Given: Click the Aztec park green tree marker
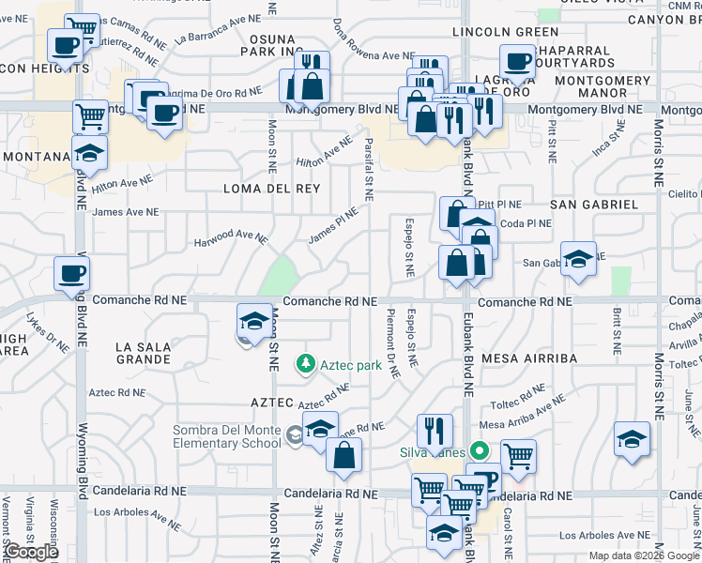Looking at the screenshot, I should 304,362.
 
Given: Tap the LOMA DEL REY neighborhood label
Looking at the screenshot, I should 271,189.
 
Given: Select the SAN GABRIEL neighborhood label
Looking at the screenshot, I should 593,204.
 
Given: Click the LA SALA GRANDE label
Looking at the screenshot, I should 143,353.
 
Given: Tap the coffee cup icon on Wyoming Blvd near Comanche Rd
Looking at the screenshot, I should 71,274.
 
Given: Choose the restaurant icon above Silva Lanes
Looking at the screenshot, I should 434,431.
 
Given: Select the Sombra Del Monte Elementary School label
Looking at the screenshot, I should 228,437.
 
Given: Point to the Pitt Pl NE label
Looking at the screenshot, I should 498,204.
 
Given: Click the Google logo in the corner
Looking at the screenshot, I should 31,552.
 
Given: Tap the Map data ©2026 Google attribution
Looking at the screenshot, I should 643,555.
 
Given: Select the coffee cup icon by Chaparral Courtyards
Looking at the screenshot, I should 517,62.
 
